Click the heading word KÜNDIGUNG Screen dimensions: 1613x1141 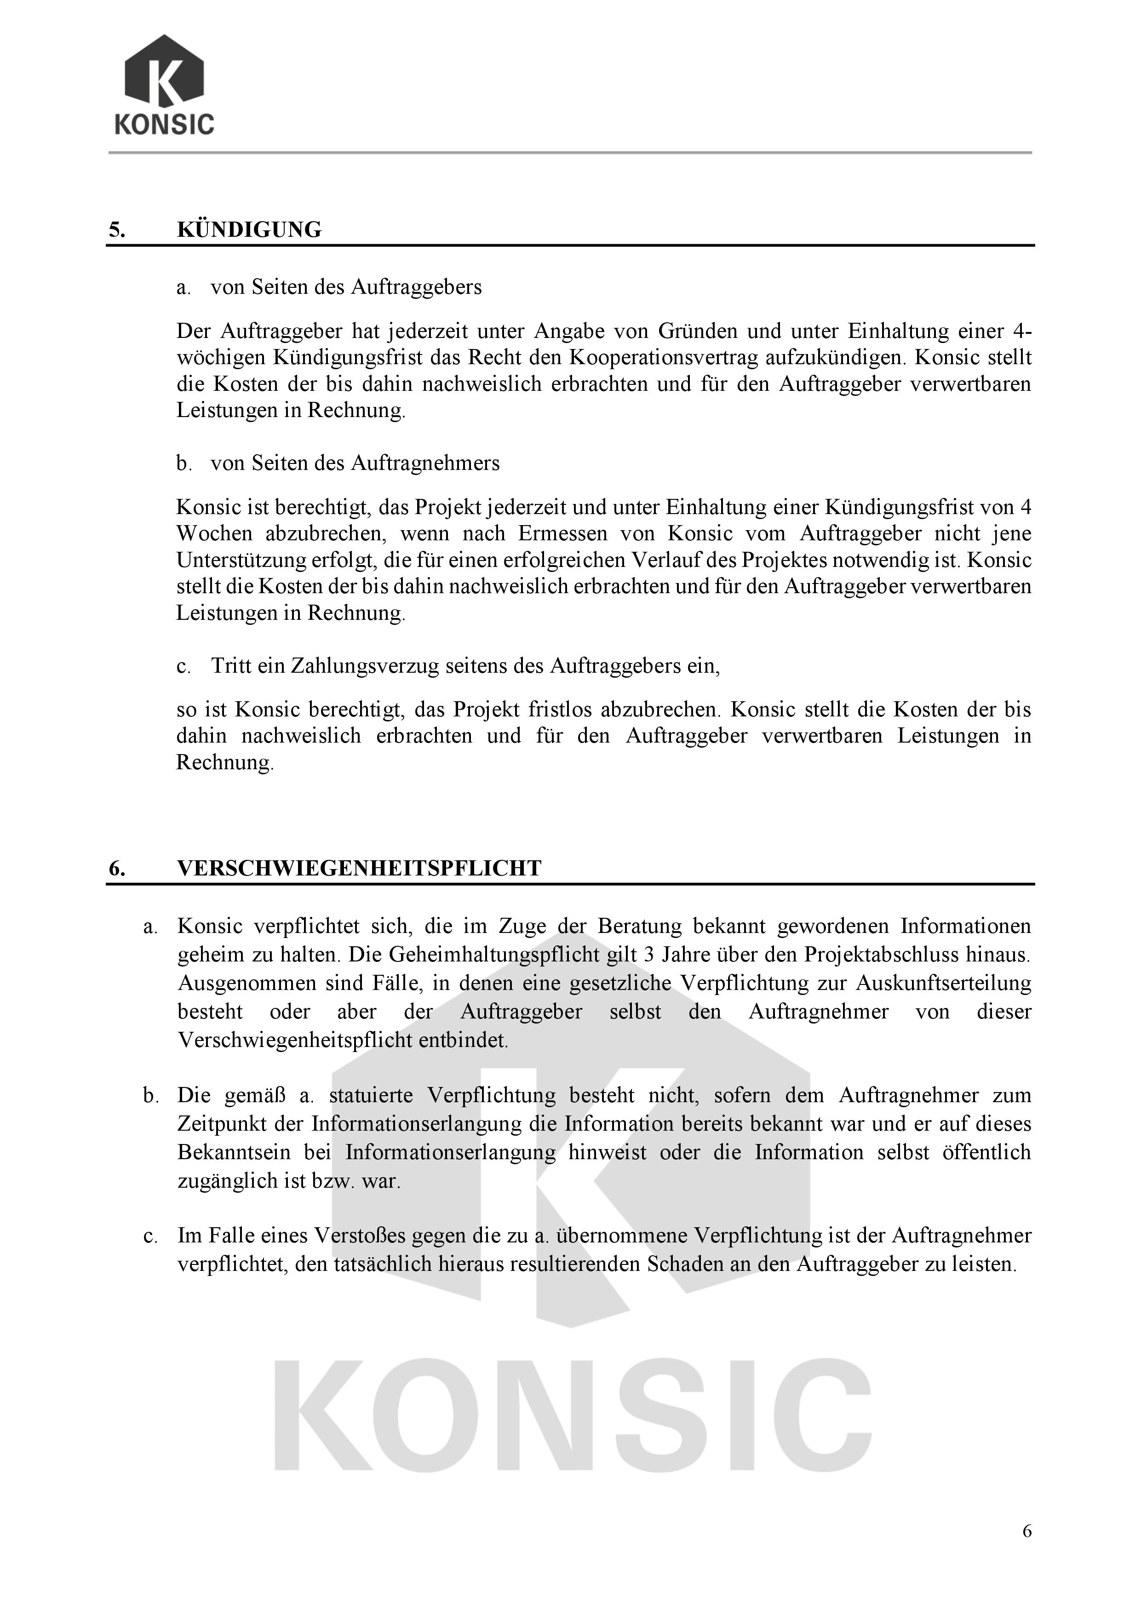coord(249,230)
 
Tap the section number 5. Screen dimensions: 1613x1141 coord(117,230)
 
